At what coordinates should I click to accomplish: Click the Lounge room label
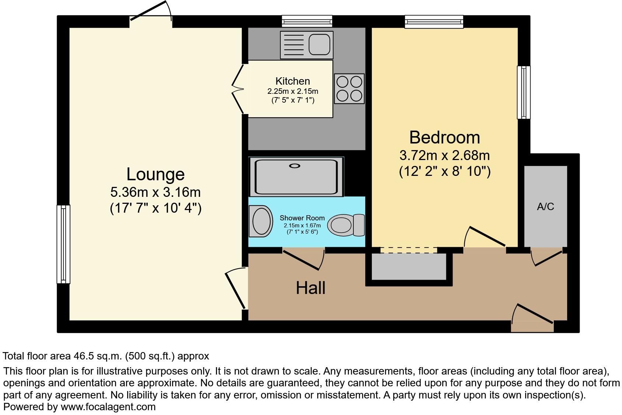tap(155, 174)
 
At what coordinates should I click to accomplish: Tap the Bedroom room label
tap(444, 138)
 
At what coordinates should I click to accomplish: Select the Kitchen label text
tap(293, 81)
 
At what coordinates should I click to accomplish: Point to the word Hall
tap(311, 288)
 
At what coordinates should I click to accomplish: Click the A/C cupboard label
tap(545, 207)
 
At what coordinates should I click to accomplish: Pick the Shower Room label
tap(302, 218)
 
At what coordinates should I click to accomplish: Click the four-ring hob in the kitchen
tap(349, 89)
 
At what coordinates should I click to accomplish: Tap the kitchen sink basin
tap(319, 44)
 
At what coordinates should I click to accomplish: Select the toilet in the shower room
tap(345, 225)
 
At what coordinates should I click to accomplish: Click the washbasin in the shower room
tap(261, 221)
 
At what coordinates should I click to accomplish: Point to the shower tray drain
tap(294, 166)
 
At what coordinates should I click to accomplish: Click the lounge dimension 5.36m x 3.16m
tap(155, 192)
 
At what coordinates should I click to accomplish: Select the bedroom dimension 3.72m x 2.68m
tap(444, 155)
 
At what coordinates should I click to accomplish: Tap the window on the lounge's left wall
tap(63, 244)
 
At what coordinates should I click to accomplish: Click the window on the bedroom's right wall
tap(524, 92)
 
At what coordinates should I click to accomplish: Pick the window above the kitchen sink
tap(307, 21)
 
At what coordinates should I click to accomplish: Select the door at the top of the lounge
tap(151, 15)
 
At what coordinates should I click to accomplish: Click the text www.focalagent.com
tap(108, 407)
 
